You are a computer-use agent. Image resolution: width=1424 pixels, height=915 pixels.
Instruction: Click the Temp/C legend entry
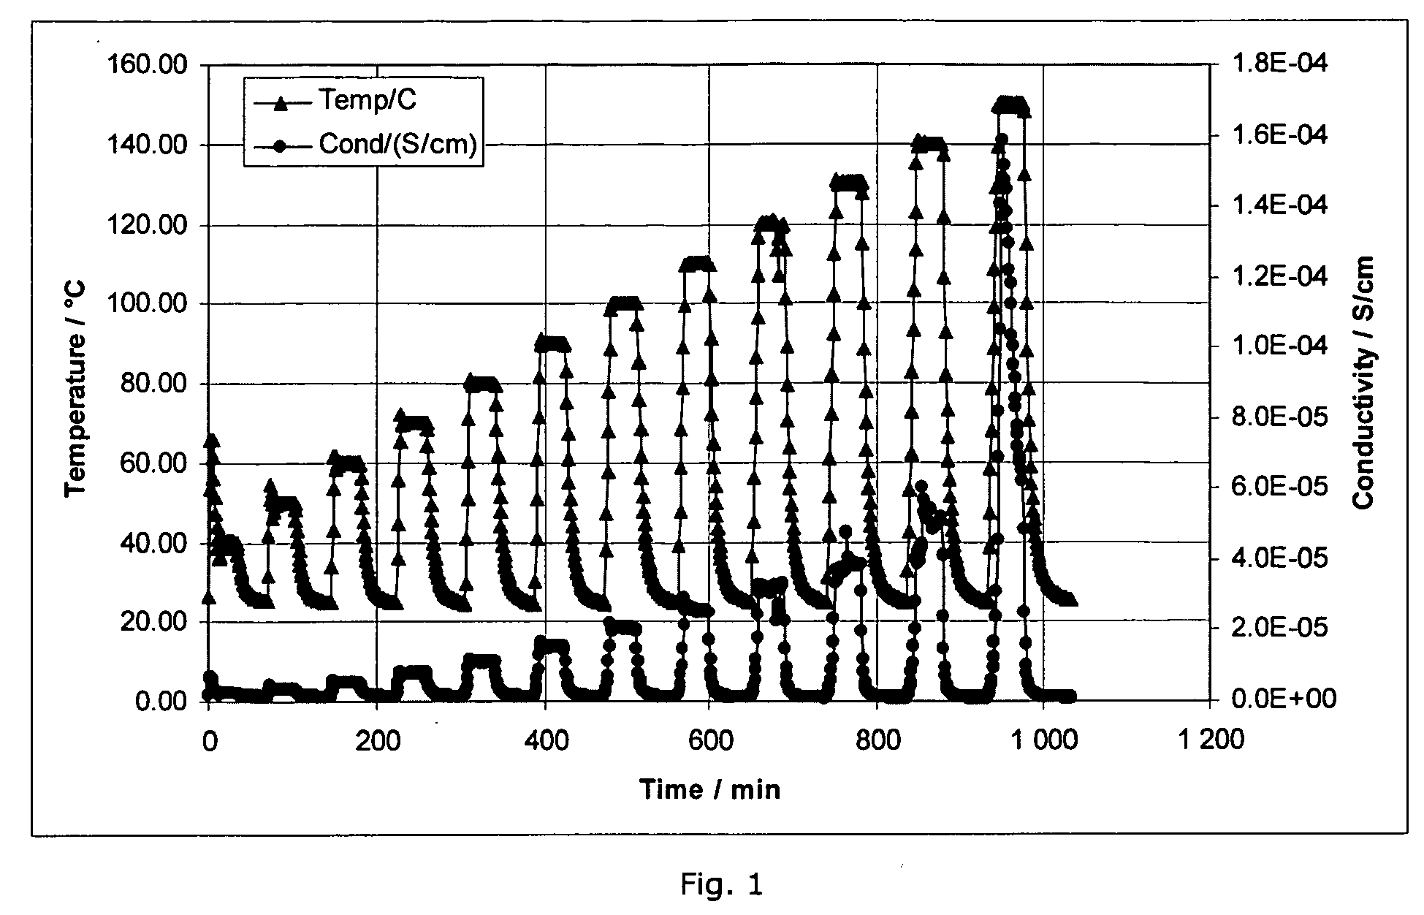coord(365,101)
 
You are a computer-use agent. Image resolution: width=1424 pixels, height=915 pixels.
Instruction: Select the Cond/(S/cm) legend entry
coord(397,144)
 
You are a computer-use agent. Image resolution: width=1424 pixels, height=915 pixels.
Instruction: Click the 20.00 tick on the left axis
coord(155,622)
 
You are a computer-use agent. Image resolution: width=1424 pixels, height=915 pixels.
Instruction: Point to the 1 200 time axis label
coord(1209,740)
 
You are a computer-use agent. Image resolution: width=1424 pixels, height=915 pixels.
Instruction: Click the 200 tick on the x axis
coord(378,740)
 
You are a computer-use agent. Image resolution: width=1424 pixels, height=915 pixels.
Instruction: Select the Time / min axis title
coord(709,789)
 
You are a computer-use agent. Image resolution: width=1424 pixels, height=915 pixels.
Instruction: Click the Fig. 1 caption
coord(721,885)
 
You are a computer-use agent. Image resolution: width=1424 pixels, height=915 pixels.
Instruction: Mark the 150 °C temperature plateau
coord(1010,105)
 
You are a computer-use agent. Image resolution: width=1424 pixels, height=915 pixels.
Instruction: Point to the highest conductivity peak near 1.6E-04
coord(1002,139)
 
